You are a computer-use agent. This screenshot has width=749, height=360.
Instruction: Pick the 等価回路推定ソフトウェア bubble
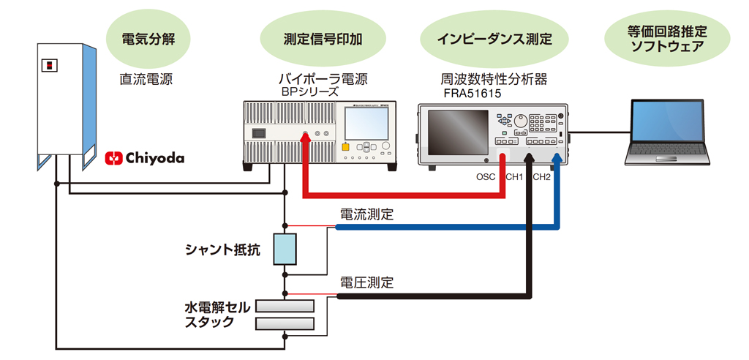tap(666, 39)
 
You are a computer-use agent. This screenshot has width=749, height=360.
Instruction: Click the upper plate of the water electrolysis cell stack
tap(285, 306)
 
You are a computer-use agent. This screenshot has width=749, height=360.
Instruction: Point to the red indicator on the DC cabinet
tap(49, 65)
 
